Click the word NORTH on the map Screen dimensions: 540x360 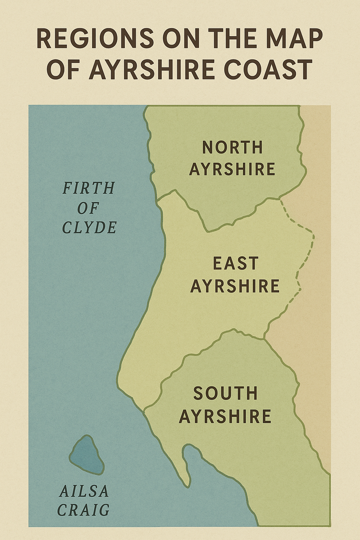tap(232, 147)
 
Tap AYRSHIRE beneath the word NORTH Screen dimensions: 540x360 tap(232, 169)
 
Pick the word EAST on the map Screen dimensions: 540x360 tap(236, 264)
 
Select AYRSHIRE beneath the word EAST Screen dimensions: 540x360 tap(235, 286)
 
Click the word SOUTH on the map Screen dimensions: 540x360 tap(225, 393)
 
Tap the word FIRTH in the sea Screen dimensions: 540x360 tap(89, 188)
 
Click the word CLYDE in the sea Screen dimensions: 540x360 tap(89, 228)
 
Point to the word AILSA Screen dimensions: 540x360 tap(84, 491)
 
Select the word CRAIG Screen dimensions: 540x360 tap(83, 510)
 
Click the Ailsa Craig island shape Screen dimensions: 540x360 tap(86, 455)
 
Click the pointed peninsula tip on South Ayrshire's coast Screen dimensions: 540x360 tap(187, 485)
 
